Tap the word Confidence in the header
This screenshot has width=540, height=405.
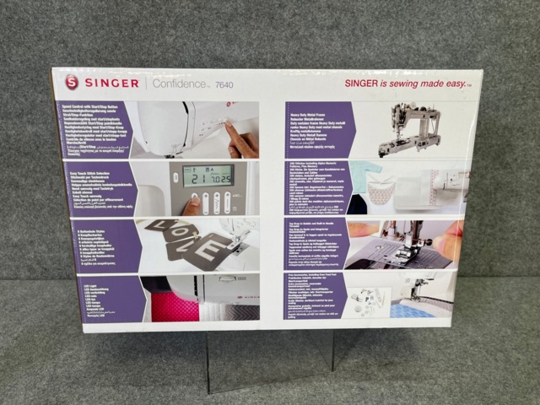(x=178, y=84)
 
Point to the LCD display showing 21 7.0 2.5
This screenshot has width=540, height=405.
(x=208, y=176)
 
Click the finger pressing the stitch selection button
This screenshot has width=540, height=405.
(x=192, y=206)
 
